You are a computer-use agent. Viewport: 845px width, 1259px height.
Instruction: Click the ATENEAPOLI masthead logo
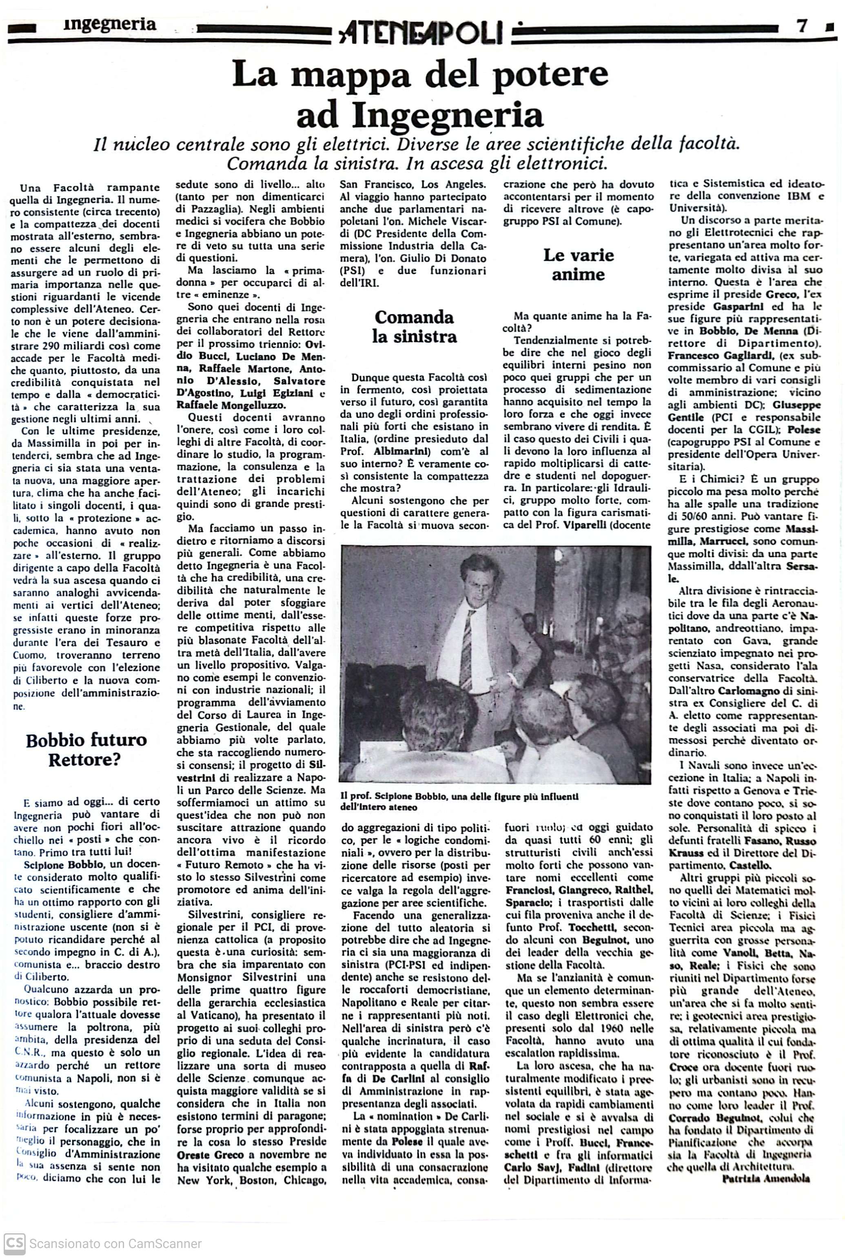[x=422, y=32]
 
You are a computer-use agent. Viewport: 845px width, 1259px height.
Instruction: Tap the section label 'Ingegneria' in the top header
[x=109, y=24]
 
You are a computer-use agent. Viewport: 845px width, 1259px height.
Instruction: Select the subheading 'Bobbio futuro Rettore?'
[x=86, y=749]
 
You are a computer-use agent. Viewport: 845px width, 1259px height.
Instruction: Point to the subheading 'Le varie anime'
[x=578, y=264]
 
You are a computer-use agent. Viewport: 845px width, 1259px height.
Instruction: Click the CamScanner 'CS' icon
[x=15, y=1239]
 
